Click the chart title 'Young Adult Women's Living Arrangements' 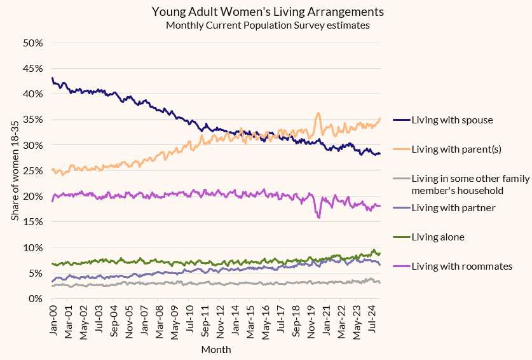click(268, 11)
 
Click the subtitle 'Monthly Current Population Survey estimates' click(268, 25)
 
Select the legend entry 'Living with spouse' click(452, 120)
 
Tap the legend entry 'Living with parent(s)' click(456, 149)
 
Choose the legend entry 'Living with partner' click(453, 207)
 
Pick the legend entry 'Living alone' click(438, 237)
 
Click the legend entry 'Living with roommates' click(461, 266)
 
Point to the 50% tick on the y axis click(32, 43)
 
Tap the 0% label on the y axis click(35, 298)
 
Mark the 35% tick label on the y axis click(32, 120)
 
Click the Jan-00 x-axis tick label click(54, 321)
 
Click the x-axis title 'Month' click(216, 350)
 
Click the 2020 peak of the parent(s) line click(318, 114)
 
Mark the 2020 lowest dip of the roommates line click(318, 218)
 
